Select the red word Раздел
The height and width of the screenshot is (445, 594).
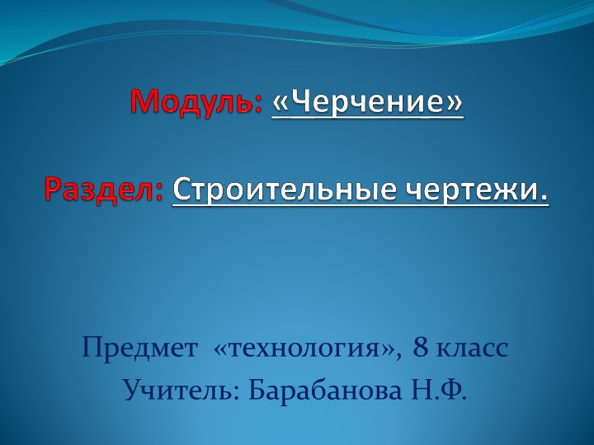(x=100, y=190)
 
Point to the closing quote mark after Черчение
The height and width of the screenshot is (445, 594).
(x=454, y=104)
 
